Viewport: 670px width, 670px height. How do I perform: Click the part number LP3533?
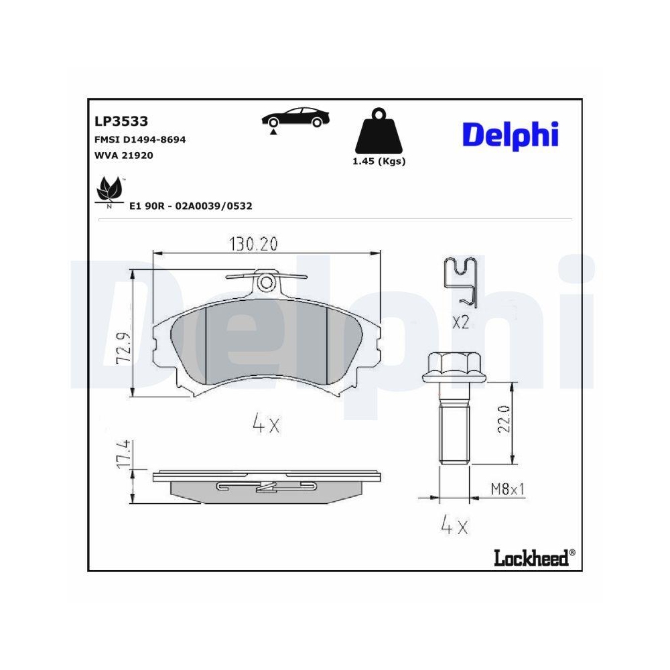click(121, 121)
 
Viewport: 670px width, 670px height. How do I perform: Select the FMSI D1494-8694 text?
click(140, 140)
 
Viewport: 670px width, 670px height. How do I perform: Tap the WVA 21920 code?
click(124, 155)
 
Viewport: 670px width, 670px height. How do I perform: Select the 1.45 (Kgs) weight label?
click(379, 161)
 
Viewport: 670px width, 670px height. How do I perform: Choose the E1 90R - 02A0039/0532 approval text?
click(190, 206)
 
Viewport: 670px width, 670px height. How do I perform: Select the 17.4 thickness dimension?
click(123, 455)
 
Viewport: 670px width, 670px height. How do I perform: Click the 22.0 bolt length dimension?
click(504, 419)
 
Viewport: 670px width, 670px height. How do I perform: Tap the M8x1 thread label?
click(507, 490)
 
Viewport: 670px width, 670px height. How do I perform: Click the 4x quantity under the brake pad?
click(265, 424)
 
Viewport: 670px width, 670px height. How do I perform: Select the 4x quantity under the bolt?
click(453, 526)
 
